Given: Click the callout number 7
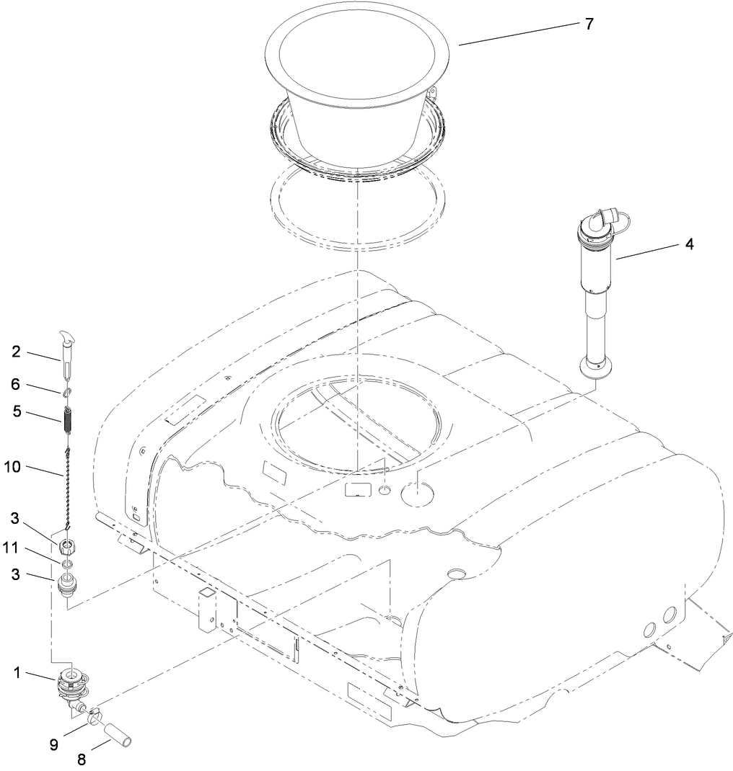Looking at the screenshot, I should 589,24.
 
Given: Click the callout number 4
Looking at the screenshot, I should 689,244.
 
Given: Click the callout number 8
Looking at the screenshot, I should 82,759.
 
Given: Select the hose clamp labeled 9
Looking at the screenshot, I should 95,716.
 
